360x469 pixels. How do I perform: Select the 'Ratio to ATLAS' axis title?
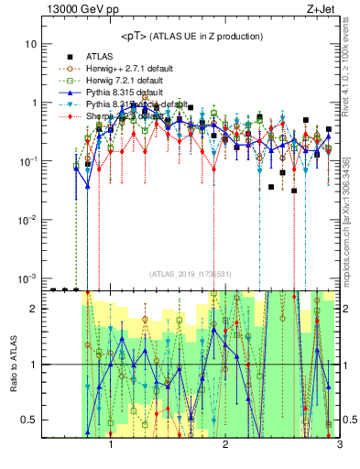coord(13,365)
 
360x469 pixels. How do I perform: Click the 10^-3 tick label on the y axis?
coord(27,278)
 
